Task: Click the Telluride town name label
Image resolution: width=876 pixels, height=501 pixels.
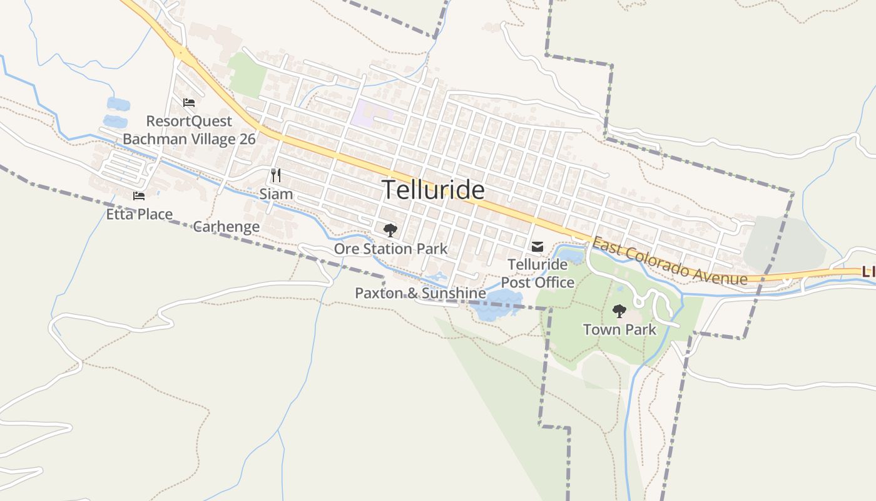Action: tap(433, 190)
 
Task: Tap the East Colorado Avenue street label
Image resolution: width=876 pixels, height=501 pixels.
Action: tap(670, 261)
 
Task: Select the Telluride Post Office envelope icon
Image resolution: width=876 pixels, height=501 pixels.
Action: tap(537, 247)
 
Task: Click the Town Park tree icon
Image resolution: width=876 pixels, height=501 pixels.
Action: tap(619, 311)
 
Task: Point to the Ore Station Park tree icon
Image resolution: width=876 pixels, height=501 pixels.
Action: tap(390, 230)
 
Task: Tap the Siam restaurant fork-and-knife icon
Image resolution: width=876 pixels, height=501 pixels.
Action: tap(276, 175)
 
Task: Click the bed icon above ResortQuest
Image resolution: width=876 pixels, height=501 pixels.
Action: tap(189, 103)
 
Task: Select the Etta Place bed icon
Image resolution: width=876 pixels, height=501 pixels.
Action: tap(139, 196)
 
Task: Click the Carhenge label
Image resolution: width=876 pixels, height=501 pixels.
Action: tap(226, 227)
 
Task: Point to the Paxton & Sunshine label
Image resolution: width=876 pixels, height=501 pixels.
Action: tap(420, 293)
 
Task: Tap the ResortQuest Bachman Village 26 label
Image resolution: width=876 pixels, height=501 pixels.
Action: tap(189, 130)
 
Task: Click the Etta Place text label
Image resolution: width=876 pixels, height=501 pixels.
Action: tap(139, 214)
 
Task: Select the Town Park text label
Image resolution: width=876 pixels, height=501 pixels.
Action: tap(619, 329)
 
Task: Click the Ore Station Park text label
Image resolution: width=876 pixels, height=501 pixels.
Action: tap(390, 249)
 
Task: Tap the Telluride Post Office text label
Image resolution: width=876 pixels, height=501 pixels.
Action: tap(537, 274)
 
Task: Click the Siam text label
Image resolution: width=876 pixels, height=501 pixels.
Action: tap(276, 194)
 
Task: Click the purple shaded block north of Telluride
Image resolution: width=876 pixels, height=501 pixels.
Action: tap(369, 113)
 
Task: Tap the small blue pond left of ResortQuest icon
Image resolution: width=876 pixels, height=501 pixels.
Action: tap(117, 104)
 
